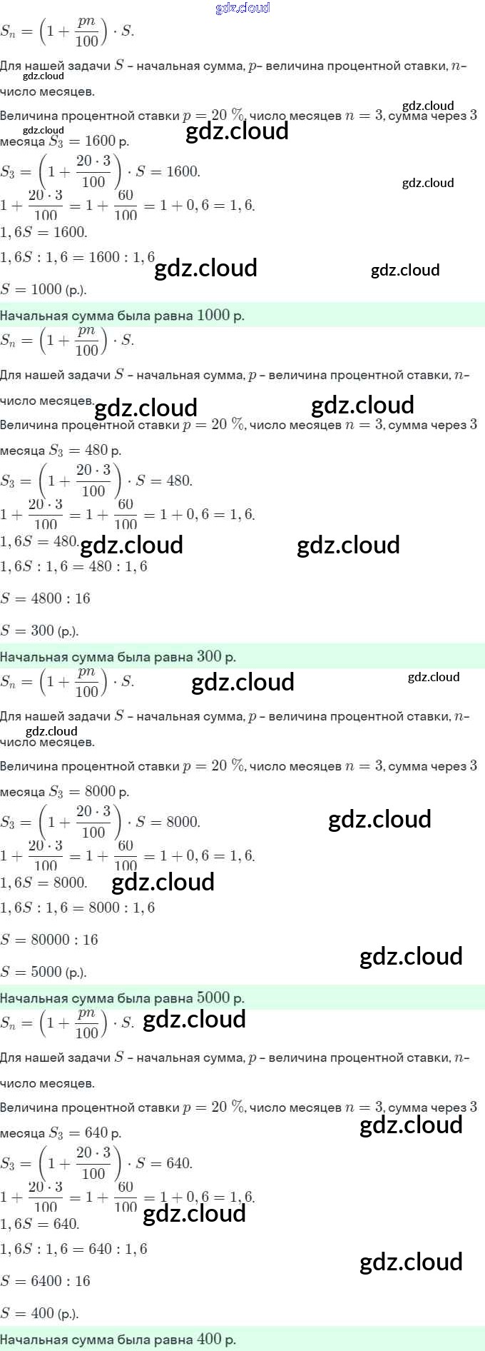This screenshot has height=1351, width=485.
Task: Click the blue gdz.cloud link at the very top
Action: [242, 8]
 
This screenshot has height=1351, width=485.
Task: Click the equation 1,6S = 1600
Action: [44, 232]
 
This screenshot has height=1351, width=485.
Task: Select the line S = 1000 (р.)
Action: [44, 289]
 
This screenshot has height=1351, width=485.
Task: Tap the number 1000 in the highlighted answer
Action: [213, 315]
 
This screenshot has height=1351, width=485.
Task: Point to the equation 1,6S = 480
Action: [39, 541]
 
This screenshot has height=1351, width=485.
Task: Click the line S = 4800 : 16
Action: [46, 598]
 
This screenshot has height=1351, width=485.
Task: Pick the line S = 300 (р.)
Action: [39, 631]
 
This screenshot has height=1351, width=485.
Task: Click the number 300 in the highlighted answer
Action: [209, 656]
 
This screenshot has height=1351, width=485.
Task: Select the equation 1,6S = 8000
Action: [44, 883]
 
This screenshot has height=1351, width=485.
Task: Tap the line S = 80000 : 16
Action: [49, 940]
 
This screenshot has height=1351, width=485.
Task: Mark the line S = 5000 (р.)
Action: [44, 972]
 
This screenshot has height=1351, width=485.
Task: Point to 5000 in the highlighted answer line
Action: [213, 998]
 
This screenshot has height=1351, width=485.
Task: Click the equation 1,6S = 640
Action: [39, 1224]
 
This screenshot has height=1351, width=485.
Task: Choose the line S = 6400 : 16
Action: [46, 1281]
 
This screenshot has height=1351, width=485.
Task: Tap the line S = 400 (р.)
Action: [39, 1313]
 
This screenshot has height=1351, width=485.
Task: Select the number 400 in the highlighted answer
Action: [209, 1339]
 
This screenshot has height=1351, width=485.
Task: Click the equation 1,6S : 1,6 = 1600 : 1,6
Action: [77, 257]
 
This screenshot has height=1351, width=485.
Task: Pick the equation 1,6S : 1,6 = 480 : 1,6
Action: [73, 566]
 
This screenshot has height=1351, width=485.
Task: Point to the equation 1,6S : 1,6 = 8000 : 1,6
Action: [77, 908]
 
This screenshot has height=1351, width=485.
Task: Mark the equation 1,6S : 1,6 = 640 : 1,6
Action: [73, 1249]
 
